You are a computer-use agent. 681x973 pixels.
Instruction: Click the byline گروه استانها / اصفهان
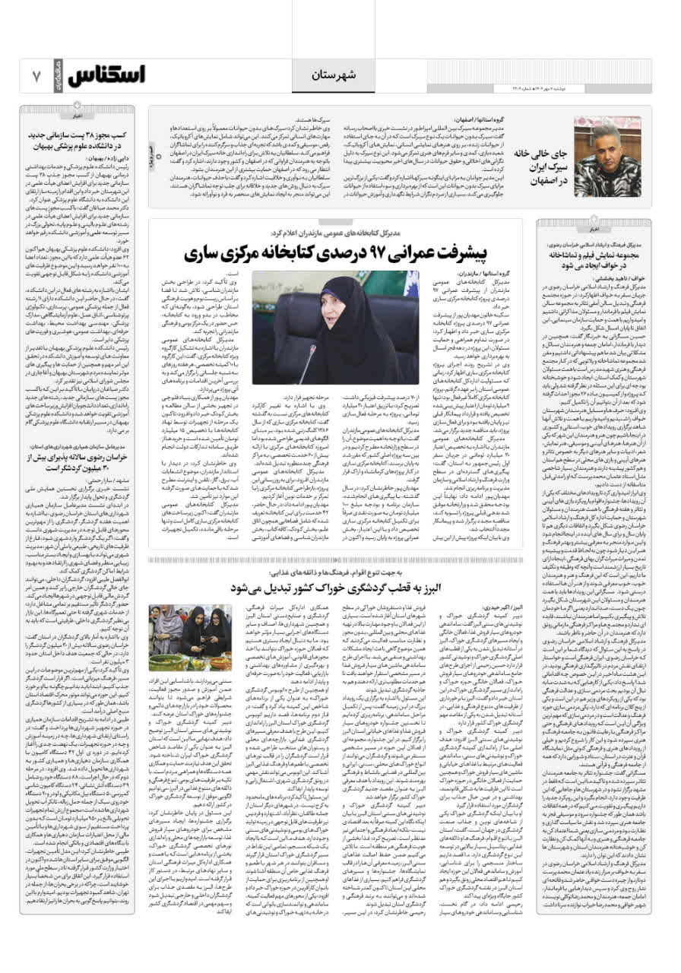(470, 120)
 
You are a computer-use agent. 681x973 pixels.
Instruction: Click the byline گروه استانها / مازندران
(486, 272)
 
